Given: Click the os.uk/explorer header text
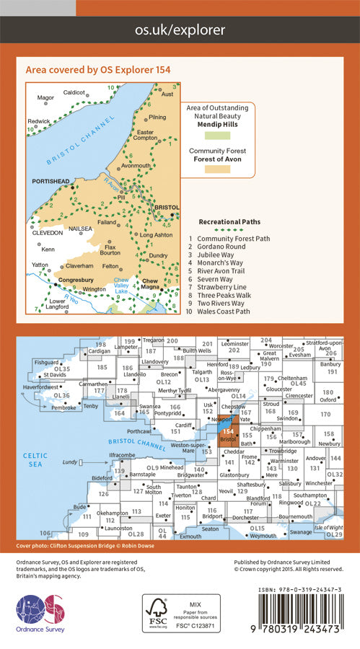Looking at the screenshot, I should [x=180, y=30].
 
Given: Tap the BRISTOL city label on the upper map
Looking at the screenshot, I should [x=167, y=206].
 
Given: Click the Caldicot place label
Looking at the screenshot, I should [x=74, y=92].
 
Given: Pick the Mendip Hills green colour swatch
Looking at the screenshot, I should [x=221, y=136].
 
